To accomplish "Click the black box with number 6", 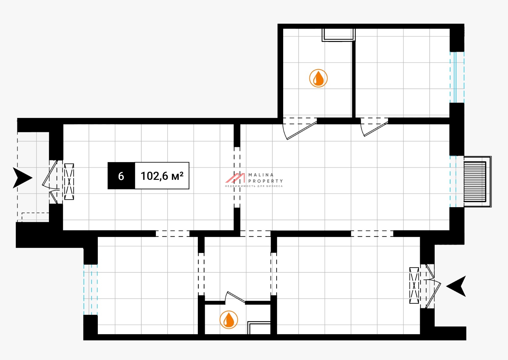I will click(x=121, y=176).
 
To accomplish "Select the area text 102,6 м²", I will click(x=162, y=176).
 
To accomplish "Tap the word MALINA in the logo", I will click(x=261, y=175).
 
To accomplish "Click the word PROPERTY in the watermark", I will click(x=265, y=181).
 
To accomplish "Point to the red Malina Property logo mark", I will click(x=235, y=178).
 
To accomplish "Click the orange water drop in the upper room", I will click(x=318, y=78).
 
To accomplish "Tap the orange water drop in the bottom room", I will click(x=229, y=320).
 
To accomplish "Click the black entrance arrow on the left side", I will click(x=22, y=178).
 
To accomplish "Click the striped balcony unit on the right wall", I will click(x=475, y=182).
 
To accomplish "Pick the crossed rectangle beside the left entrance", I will click(x=69, y=181).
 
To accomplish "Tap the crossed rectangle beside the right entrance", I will click(x=414, y=285).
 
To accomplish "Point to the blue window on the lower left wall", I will click(x=90, y=289).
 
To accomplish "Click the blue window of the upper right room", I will click(x=457, y=77).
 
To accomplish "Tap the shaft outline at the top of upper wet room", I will click(x=338, y=35).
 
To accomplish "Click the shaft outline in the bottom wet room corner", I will click(x=259, y=328).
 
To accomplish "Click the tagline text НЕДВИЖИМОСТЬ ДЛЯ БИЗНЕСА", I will click(x=254, y=186).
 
